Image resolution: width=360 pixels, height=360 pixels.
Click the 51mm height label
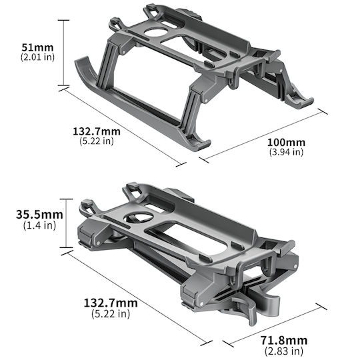[x=37, y=47]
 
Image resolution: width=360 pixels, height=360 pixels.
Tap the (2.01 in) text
[x=37, y=57]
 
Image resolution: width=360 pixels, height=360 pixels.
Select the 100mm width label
[x=286, y=143]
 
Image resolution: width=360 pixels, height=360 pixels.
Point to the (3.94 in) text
[x=286, y=152]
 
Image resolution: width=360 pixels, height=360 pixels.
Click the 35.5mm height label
[x=39, y=215]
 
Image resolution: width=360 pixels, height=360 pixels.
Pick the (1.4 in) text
[x=39, y=225]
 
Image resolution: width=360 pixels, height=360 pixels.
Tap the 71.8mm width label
[x=284, y=341]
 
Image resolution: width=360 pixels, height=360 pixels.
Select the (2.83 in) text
[x=284, y=351]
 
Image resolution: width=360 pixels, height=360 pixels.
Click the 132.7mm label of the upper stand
[x=97, y=131]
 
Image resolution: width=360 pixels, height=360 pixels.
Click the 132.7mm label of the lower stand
[x=111, y=303]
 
